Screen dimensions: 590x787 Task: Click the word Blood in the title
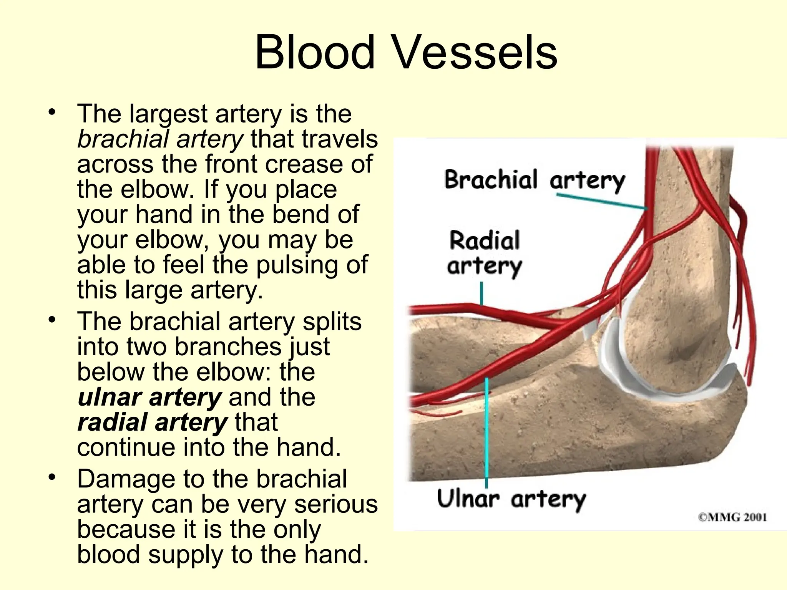tap(314, 52)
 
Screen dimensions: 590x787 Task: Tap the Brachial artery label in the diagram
tap(534, 179)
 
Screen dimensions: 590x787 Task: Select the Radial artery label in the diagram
tap(484, 252)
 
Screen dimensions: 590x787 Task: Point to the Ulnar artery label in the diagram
tap(511, 499)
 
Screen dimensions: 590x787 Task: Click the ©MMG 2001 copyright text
tap(732, 517)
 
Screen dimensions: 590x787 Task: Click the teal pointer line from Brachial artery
tap(601, 201)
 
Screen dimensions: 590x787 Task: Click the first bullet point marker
tap(52, 113)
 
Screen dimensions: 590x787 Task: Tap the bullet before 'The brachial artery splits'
tap(52, 320)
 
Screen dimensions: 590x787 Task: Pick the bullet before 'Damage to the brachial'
tap(52, 477)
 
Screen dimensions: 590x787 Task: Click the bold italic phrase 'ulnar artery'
tap(149, 397)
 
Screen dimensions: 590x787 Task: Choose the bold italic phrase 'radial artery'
tap(153, 423)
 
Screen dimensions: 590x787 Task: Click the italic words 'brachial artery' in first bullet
tap(160, 139)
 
